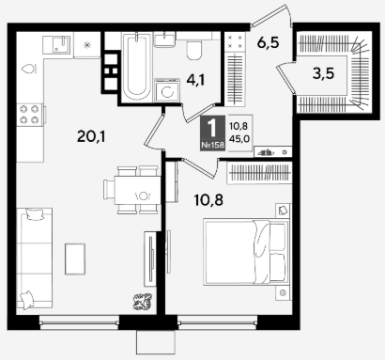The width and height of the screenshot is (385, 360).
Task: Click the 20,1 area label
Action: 91,136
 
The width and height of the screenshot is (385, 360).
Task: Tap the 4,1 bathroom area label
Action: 195,80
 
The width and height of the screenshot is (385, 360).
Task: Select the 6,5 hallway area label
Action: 268,42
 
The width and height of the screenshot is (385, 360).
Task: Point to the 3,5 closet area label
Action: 323,73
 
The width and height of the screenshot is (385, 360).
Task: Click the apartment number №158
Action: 212,145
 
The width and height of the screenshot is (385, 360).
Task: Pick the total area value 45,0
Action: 239,138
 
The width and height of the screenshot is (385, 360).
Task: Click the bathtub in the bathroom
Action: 136,67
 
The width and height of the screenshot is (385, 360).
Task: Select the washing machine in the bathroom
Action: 167,90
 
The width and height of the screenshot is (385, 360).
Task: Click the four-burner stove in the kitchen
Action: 29,115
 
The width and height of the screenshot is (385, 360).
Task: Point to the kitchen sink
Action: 56,44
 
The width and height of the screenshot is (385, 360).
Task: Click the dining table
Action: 137,190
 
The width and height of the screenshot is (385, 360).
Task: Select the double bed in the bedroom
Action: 246,252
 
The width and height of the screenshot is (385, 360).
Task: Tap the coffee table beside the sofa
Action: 75,258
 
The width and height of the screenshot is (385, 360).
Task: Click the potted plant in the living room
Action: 143,302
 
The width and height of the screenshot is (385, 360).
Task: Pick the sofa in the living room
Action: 34,258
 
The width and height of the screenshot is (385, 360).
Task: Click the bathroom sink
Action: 165,39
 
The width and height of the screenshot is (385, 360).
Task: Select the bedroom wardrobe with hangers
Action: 259,173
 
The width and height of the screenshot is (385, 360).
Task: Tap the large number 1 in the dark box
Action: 212,129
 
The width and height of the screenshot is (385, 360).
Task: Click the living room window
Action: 79,322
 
